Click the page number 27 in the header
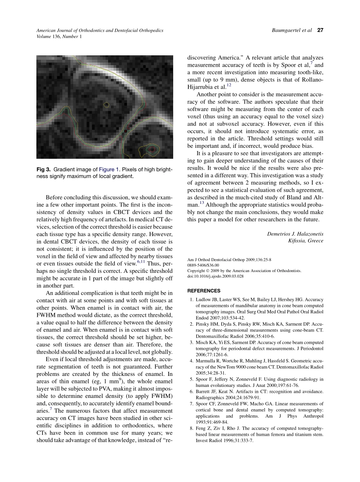pos(320,30)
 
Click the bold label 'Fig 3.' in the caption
pos(44,169)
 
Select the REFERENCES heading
pos(204,291)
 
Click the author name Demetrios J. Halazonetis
pos(295,234)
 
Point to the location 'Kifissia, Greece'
pos(305,241)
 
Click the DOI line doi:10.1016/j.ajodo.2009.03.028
pos(215,276)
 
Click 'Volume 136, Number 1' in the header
pos(59,36)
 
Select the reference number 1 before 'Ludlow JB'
pos(192,300)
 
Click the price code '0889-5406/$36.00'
pos(203,265)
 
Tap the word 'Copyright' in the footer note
pos(196,271)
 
